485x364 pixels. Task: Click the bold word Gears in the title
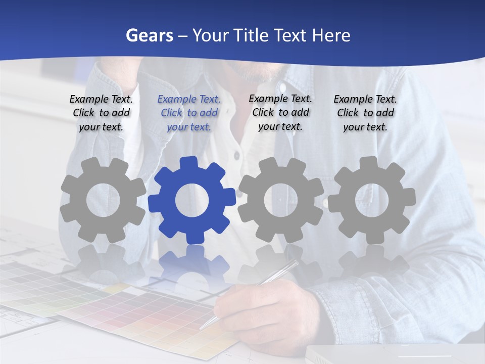149,35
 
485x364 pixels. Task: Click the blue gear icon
192,200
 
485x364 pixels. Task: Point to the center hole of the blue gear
192,200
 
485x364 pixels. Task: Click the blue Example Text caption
189,113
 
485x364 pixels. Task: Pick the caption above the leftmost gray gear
101,113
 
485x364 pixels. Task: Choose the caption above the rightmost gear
365,113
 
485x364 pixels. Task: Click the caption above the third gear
280,112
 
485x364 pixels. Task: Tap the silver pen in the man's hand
253,293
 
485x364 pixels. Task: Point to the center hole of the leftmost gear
103,200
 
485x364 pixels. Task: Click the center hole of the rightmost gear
372,200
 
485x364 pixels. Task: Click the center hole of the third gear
281,200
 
